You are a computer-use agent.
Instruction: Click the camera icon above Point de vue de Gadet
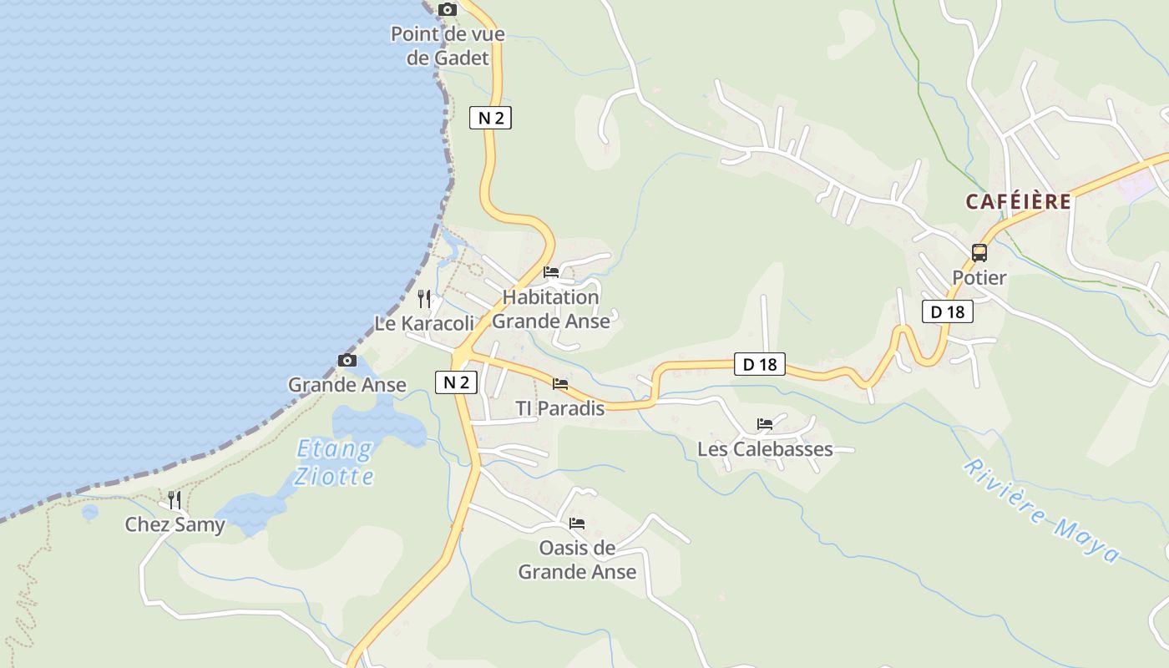448,9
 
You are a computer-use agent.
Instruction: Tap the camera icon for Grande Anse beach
347,360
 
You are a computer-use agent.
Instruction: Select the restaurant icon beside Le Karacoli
424,299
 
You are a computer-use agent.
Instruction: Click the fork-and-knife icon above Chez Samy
175,500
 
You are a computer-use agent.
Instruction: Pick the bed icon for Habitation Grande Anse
551,272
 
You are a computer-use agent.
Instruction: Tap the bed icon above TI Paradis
560,384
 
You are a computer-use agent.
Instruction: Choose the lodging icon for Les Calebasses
765,424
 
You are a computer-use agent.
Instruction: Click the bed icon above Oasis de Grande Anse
577,524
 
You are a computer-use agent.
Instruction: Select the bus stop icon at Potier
979,252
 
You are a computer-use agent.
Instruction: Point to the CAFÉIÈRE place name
1019,201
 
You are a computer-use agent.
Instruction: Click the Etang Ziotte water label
335,463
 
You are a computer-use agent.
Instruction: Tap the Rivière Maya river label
1040,510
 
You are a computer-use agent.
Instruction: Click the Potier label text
979,277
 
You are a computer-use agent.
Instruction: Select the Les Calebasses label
765,449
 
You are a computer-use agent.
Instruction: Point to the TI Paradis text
559,408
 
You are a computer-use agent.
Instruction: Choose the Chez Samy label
175,525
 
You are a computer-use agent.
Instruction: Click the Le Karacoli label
423,324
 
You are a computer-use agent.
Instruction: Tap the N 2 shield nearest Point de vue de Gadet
490,118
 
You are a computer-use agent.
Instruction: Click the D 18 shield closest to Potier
948,312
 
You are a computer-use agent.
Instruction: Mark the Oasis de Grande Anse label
577,560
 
